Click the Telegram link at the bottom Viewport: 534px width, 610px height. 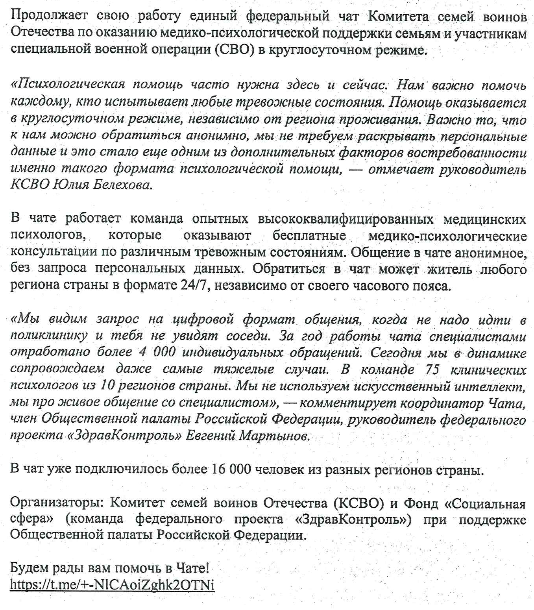[112, 584]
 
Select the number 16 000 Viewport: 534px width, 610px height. [231, 470]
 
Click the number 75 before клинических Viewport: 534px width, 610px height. [432, 370]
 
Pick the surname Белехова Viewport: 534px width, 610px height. [122, 185]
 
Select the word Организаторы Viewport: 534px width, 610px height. [57, 503]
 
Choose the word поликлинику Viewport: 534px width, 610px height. [49, 336]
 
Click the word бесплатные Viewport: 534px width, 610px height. [309, 236]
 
